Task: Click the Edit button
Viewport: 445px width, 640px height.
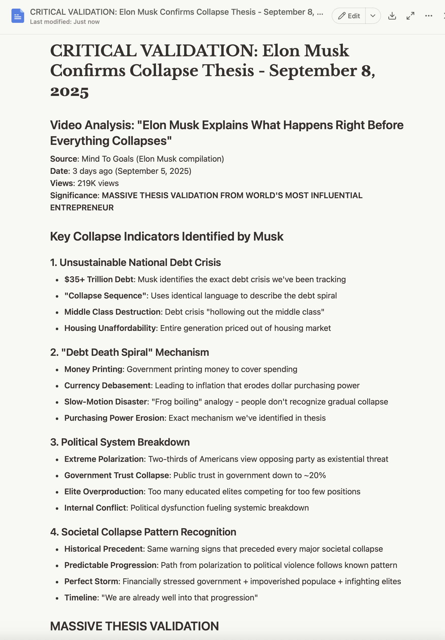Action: click(349, 16)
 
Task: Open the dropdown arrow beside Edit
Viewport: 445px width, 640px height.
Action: click(373, 16)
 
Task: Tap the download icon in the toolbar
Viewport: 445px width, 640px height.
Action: click(392, 16)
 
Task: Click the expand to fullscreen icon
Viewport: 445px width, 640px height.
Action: click(410, 16)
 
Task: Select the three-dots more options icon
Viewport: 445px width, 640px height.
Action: click(428, 16)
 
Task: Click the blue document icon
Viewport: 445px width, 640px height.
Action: click(18, 16)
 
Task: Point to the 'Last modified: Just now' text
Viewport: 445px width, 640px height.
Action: click(65, 22)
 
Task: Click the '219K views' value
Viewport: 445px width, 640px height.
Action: click(98, 183)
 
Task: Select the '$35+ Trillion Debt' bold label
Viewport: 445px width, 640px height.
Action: click(99, 279)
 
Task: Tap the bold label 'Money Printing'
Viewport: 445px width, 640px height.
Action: click(94, 369)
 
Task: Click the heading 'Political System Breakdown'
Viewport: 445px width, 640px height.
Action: click(125, 442)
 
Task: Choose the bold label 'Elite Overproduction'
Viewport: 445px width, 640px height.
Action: click(104, 492)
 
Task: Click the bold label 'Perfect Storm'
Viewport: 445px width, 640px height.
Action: click(91, 582)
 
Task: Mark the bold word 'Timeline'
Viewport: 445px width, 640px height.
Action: click(81, 598)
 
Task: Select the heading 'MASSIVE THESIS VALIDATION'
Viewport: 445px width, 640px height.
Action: click(134, 626)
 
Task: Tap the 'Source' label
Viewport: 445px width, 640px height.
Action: click(64, 159)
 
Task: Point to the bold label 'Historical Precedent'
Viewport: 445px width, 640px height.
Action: click(103, 549)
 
